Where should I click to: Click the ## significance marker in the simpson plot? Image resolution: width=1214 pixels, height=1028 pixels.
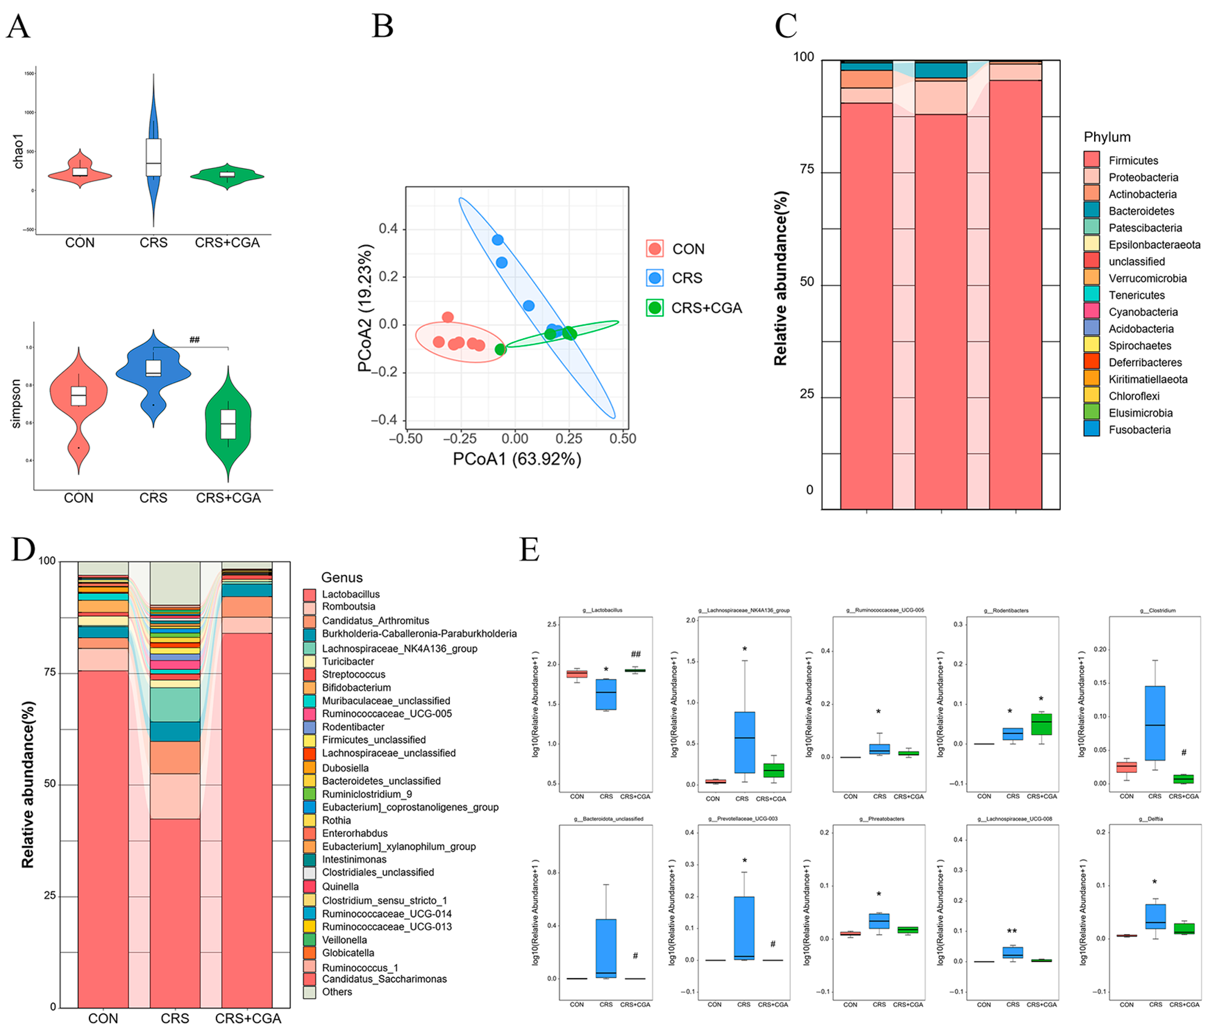tap(195, 340)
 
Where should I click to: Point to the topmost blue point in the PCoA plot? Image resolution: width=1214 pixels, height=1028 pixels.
tap(497, 240)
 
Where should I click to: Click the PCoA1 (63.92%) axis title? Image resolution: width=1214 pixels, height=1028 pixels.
tap(516, 459)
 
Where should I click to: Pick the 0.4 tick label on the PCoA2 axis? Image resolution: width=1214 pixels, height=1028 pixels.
tap(388, 228)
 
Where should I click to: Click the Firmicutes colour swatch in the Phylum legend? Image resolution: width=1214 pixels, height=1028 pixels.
tap(1091, 160)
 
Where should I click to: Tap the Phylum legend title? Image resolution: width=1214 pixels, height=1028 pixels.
tap(1106, 137)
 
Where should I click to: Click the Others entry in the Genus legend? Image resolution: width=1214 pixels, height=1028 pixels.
tap(337, 991)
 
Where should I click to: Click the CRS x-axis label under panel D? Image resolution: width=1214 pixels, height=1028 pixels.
tap(175, 1018)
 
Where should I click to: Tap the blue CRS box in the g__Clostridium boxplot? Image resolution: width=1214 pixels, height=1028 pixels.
tap(1154, 723)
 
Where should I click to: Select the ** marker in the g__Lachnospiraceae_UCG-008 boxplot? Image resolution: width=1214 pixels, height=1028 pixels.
tap(1012, 931)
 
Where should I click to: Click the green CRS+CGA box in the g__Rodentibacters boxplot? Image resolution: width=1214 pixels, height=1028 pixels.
tap(1041, 724)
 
